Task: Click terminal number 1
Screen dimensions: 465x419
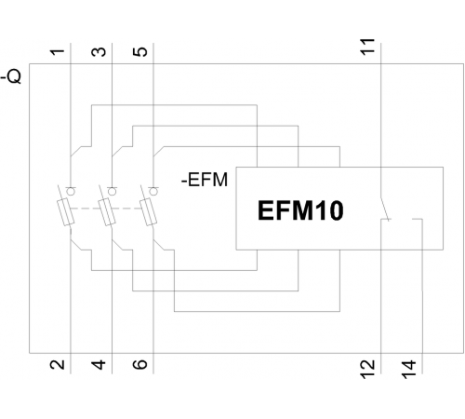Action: pyautogui.click(x=58, y=52)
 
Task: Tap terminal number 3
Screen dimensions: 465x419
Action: pyautogui.click(x=99, y=52)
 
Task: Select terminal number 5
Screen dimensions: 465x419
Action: pyautogui.click(x=140, y=52)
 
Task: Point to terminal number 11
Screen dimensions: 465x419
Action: pyautogui.click(x=367, y=47)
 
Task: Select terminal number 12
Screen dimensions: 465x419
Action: pyautogui.click(x=367, y=370)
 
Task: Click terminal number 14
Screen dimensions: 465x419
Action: pyautogui.click(x=409, y=370)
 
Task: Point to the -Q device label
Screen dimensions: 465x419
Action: pyautogui.click(x=11, y=76)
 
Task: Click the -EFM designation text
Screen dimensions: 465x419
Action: pyautogui.click(x=205, y=180)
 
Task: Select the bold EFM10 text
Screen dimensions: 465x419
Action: pyautogui.click(x=300, y=210)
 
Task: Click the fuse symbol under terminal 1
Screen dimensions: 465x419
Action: pyautogui.click(x=66, y=212)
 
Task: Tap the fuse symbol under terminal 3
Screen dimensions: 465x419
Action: pyautogui.click(x=107, y=212)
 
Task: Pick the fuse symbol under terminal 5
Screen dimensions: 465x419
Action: pyautogui.click(x=149, y=212)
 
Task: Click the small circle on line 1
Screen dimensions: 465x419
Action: pyautogui.click(x=71, y=192)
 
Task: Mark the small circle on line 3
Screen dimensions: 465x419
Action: pyautogui.click(x=113, y=192)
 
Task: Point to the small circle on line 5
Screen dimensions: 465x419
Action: pyautogui.click(x=153, y=192)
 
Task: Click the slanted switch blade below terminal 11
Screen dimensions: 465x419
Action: pyautogui.click(x=385, y=209)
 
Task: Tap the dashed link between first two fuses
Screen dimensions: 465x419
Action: pyautogui.click(x=86, y=209)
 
